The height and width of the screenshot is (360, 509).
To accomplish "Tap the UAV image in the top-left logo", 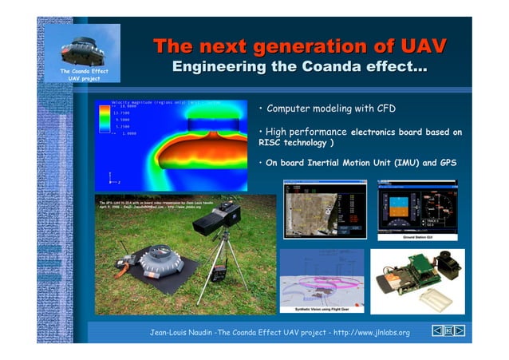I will pyautogui.click(x=82, y=49).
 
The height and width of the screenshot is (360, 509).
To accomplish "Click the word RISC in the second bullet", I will pyautogui.click(x=273, y=143).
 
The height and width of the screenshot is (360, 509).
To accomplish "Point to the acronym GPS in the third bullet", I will pyautogui.click(x=448, y=163).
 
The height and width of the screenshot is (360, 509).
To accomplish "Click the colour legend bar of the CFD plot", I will pyautogui.click(x=103, y=119).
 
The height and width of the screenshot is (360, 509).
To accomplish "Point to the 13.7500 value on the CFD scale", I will pyautogui.click(x=121, y=113).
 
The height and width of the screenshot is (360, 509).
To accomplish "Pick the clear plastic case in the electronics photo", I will pyautogui.click(x=435, y=299).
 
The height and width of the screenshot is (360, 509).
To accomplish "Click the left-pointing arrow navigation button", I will pyautogui.click(x=438, y=330).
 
